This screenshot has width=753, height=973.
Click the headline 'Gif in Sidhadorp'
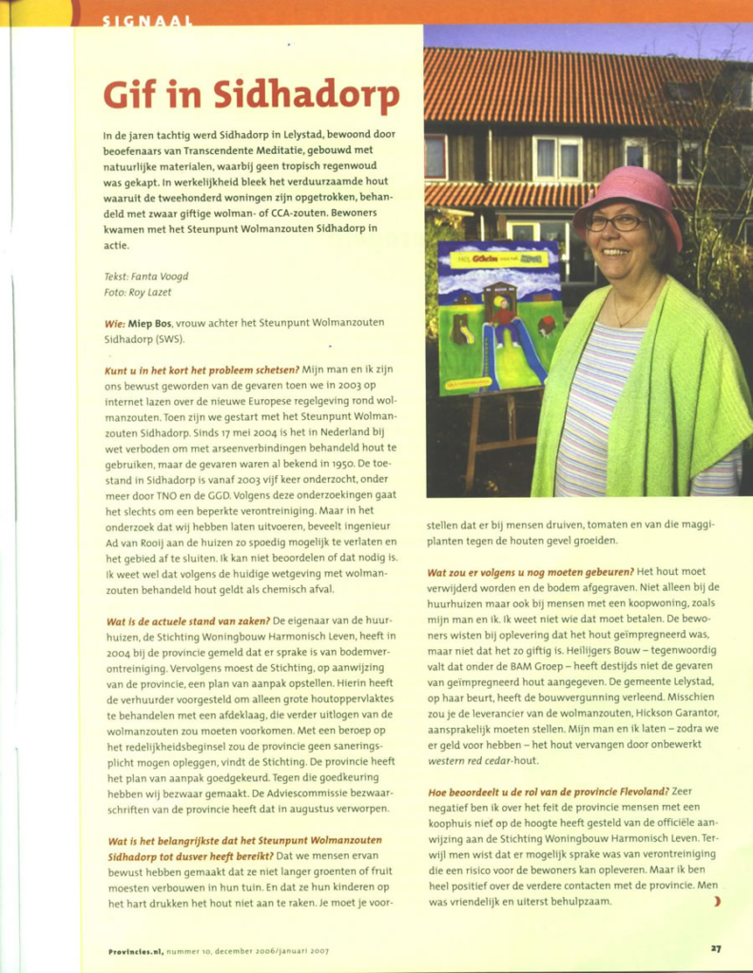(x=251, y=96)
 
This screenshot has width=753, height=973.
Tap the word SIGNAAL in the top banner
(x=147, y=20)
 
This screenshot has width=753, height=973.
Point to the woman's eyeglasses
(x=614, y=222)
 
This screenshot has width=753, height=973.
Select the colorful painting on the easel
(x=499, y=316)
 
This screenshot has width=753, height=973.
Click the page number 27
(x=715, y=947)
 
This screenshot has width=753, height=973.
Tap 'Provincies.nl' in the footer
(x=135, y=948)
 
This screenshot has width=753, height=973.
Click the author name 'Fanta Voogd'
(x=160, y=277)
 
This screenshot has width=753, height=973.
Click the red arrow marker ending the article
(x=716, y=901)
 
